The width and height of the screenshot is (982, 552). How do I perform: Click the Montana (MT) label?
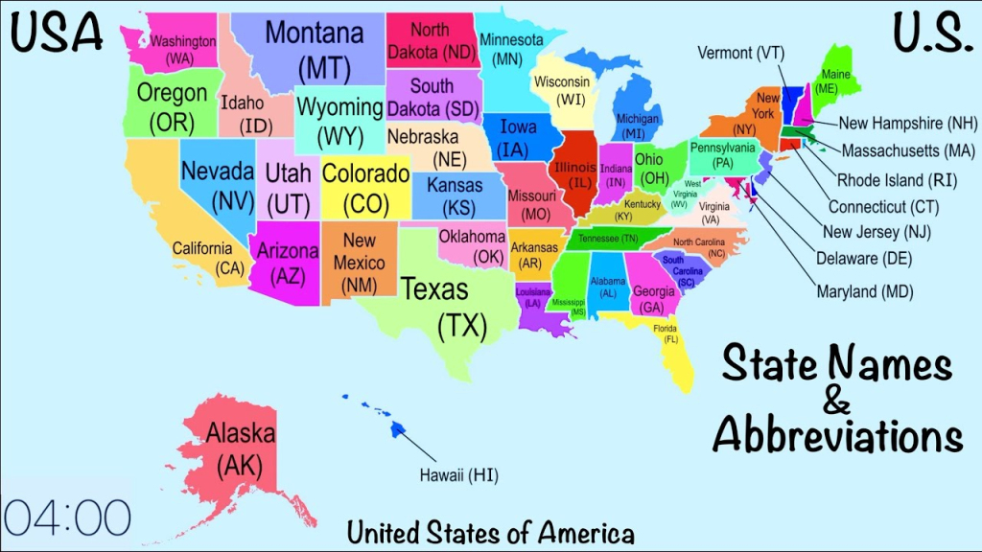(x=315, y=50)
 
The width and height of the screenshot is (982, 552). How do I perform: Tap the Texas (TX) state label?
(x=434, y=307)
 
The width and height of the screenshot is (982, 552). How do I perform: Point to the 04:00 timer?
(x=66, y=517)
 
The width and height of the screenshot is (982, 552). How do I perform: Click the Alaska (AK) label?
(x=241, y=449)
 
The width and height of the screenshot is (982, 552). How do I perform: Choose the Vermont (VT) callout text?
(x=740, y=53)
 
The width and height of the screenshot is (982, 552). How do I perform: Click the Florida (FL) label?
(x=666, y=333)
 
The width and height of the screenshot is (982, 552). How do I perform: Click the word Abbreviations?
(x=837, y=436)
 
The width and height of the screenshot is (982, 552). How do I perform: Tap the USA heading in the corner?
(x=58, y=33)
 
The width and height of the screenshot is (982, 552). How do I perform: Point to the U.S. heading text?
(x=926, y=33)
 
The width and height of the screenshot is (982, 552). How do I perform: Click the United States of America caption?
(x=491, y=532)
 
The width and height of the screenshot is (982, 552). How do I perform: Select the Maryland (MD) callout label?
(x=864, y=291)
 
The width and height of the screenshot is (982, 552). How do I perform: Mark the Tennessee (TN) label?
(x=607, y=239)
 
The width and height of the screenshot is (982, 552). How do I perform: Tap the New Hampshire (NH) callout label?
(x=907, y=123)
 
